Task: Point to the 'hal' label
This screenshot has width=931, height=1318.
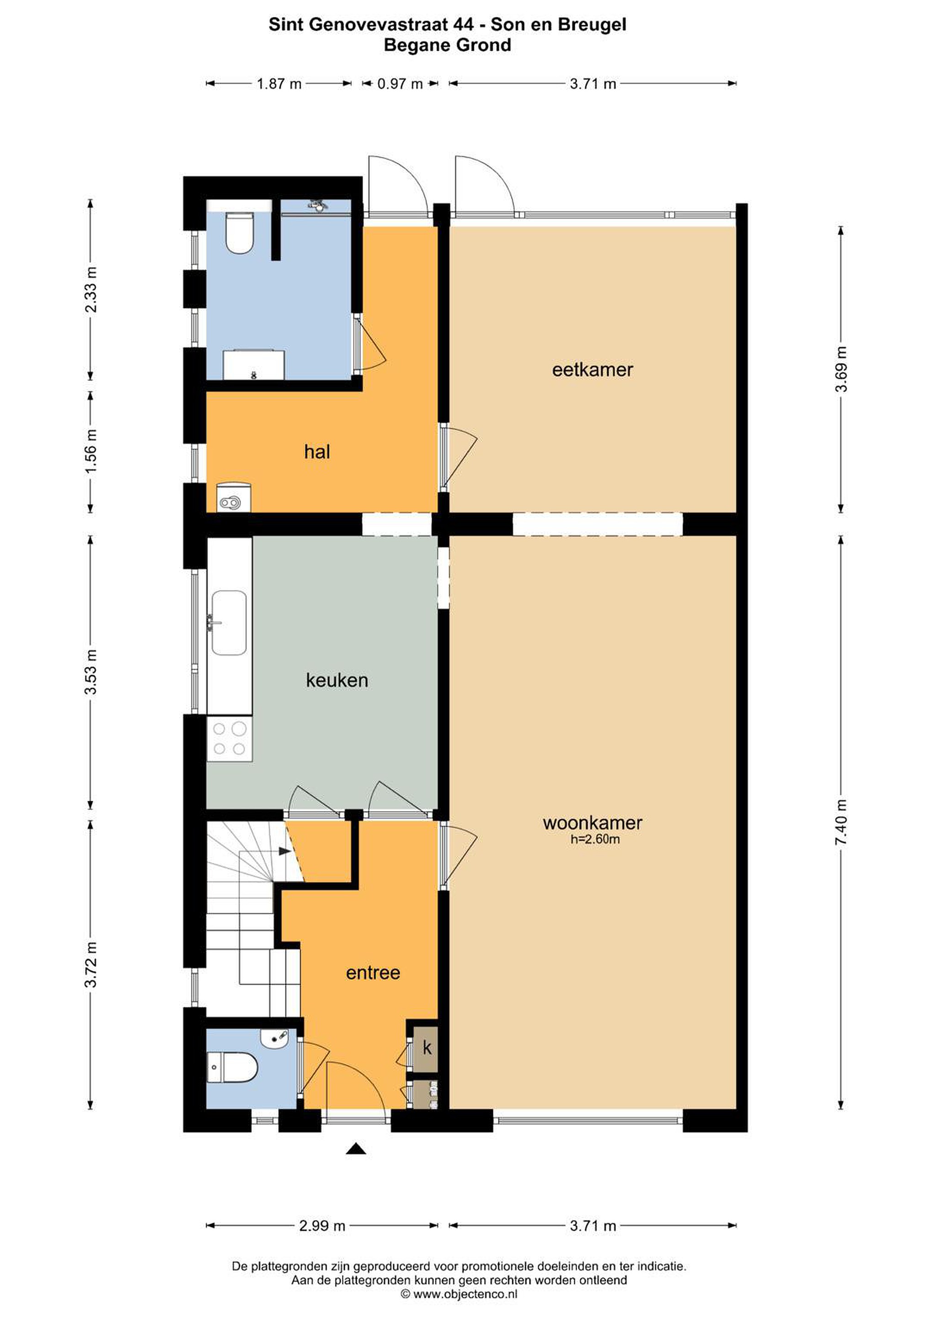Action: click(317, 452)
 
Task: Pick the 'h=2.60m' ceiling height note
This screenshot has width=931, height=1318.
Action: click(595, 839)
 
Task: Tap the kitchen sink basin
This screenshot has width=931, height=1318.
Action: click(230, 623)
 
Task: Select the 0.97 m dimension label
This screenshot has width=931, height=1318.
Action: click(400, 84)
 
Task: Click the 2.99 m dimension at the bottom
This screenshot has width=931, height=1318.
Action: click(322, 1226)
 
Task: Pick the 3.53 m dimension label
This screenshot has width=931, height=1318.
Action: click(91, 672)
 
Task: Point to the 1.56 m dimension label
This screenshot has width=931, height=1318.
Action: click(91, 451)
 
